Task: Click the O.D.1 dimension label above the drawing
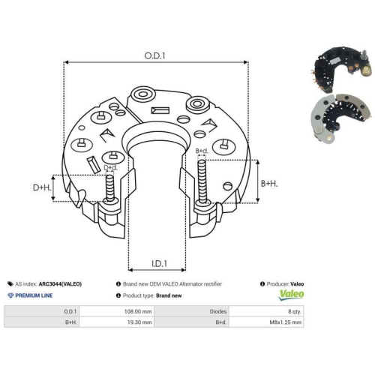click(x=154, y=55)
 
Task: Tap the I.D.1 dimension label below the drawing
click(x=159, y=264)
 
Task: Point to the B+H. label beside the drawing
click(x=269, y=184)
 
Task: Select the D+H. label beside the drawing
click(x=42, y=187)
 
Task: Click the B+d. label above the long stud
click(x=202, y=151)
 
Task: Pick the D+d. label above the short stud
click(x=110, y=167)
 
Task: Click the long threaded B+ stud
click(x=202, y=181)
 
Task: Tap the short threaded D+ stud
click(x=109, y=187)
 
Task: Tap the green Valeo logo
click(x=292, y=294)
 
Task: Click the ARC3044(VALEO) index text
click(x=60, y=284)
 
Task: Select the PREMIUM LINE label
click(x=34, y=295)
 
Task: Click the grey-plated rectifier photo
click(x=340, y=118)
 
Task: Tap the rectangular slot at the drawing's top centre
click(x=160, y=110)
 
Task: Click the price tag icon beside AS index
click(x=10, y=284)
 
